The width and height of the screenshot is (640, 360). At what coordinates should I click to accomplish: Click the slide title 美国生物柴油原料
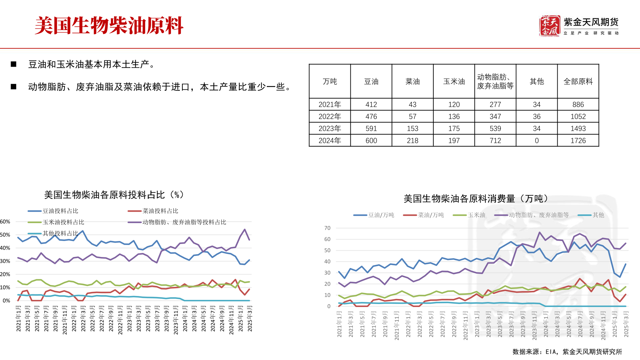(109, 26)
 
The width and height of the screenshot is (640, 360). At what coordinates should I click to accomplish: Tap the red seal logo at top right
(549, 26)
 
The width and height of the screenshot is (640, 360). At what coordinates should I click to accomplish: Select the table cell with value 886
(578, 105)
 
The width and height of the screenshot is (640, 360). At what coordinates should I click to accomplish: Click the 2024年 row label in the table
(330, 141)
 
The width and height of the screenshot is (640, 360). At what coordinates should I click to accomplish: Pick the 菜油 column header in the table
(412, 82)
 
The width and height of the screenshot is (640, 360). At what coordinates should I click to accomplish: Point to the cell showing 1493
(578, 129)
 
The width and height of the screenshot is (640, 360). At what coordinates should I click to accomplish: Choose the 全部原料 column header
(578, 82)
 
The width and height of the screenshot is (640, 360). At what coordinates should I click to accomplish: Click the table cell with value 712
(495, 141)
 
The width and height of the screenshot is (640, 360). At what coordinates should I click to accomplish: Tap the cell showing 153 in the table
(412, 129)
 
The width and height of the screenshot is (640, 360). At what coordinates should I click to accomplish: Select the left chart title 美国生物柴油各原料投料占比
(114, 195)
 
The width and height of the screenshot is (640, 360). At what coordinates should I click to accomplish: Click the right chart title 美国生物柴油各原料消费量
(476, 199)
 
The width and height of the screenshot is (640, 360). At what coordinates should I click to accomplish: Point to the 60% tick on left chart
(5, 222)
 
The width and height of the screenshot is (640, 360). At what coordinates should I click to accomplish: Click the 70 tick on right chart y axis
(327, 228)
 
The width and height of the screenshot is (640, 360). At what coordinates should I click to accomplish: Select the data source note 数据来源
(567, 352)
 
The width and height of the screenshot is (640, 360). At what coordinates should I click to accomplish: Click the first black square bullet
(14, 64)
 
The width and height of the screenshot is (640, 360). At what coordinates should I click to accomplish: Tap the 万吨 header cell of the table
(330, 82)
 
